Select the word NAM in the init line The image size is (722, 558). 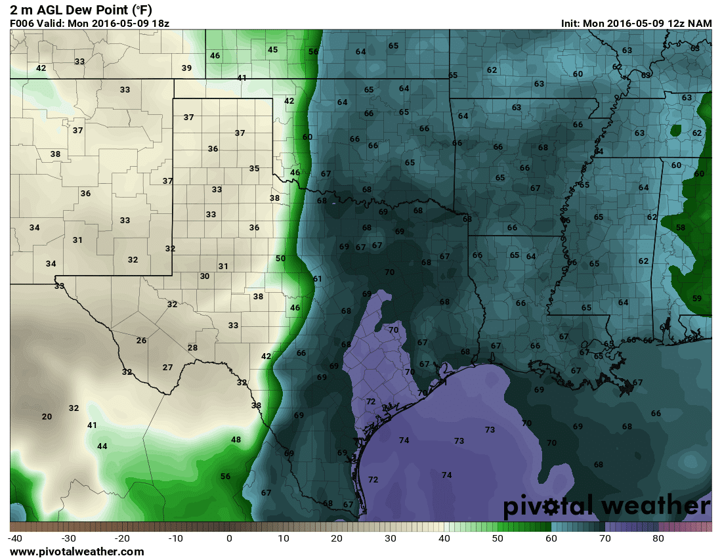click(700, 23)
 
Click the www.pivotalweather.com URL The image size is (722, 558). click(77, 551)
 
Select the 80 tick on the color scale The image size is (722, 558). click(658, 538)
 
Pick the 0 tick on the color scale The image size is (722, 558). click(229, 538)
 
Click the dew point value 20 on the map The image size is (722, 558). click(47, 416)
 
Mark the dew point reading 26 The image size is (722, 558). click(141, 340)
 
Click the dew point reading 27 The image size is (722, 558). click(167, 367)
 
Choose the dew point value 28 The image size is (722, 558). click(192, 347)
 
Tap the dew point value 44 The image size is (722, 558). click(102, 446)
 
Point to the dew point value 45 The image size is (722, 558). click(272, 49)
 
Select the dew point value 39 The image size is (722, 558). click(186, 68)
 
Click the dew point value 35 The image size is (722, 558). click(254, 168)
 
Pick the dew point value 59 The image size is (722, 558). click(697, 298)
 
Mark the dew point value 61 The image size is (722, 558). click(318, 278)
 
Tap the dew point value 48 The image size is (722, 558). click(236, 439)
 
